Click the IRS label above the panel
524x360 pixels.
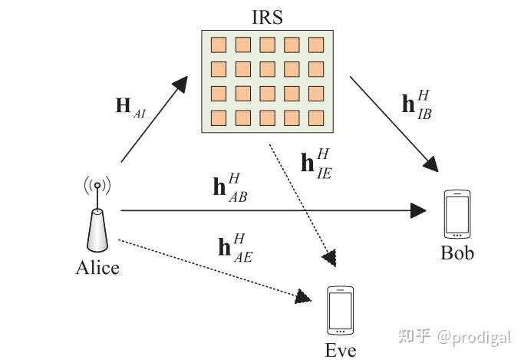tap(267, 15)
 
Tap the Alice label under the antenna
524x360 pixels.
tap(97, 268)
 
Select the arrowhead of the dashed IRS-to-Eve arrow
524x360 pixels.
tap(331, 258)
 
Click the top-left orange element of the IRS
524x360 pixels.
tap(218, 45)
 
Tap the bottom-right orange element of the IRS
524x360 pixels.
tap(315, 118)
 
